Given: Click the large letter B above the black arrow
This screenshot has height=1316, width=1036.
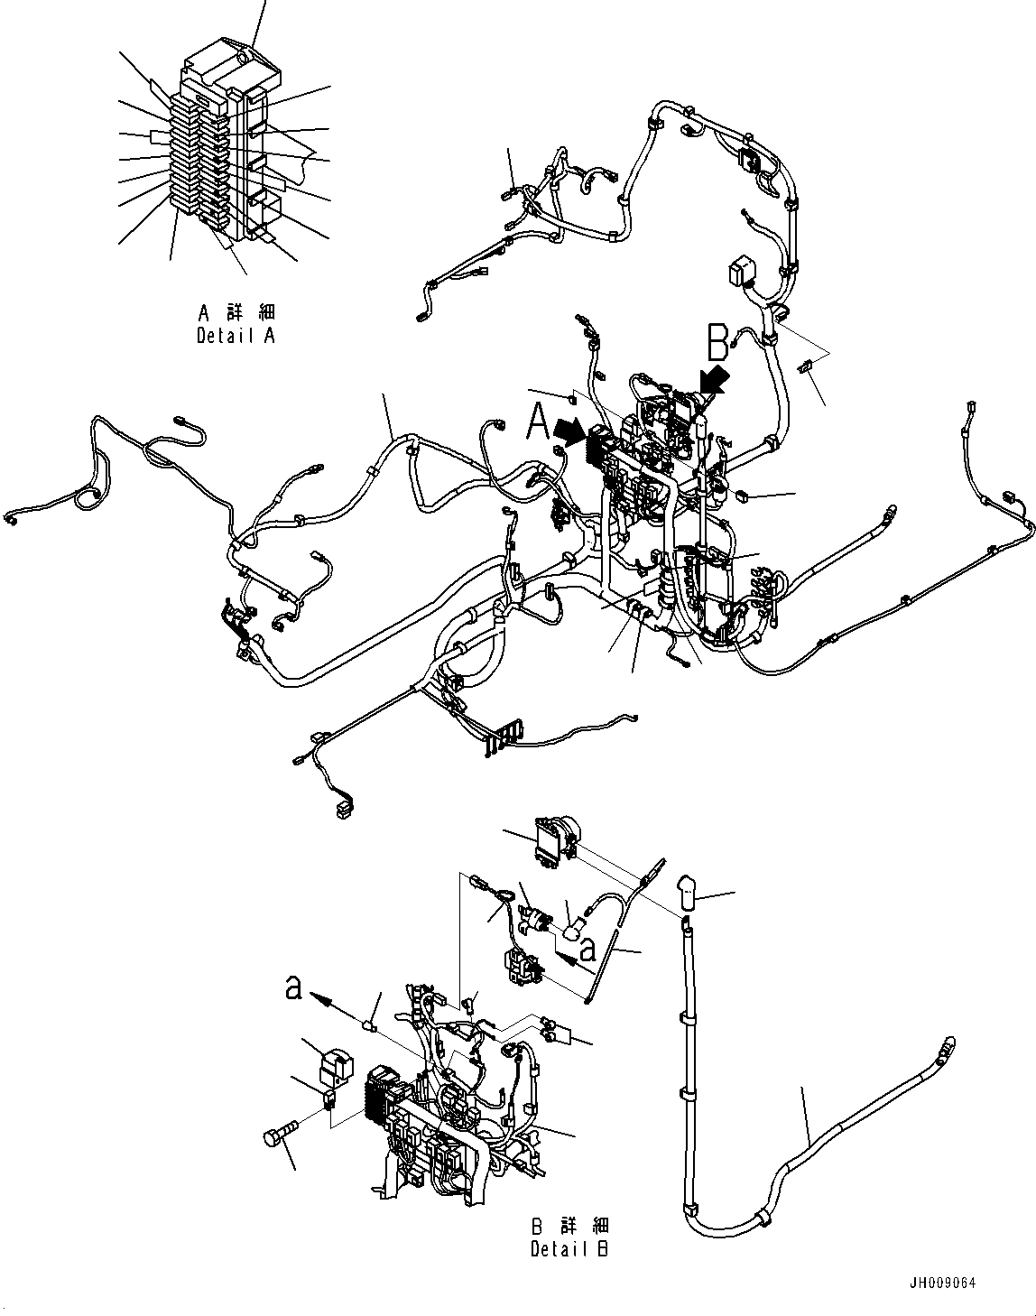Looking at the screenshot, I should click(717, 342).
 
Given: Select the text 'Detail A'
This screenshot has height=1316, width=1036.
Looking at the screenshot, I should click(236, 336).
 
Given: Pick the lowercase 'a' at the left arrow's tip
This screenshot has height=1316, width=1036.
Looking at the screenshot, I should click(292, 989).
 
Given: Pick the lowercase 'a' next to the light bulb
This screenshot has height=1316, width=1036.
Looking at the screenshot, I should click(587, 950).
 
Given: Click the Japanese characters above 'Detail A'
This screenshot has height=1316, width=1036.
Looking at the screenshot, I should click(236, 312).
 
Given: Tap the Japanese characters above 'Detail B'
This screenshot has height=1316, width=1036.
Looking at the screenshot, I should click(570, 1227).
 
